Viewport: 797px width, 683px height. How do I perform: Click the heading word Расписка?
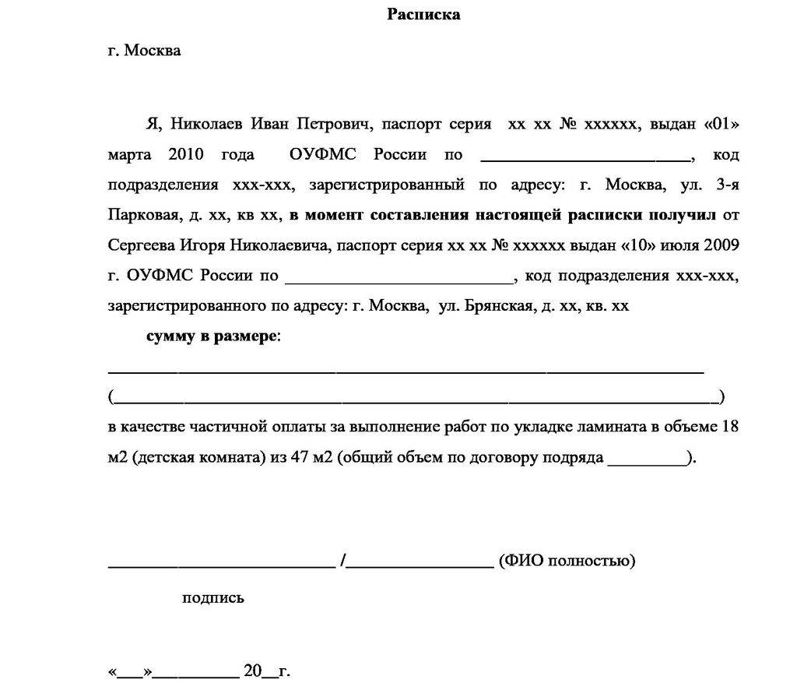423,15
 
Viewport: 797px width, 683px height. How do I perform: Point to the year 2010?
185,154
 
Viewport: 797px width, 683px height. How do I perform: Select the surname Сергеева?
142,245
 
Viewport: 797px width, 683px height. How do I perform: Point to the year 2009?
721,245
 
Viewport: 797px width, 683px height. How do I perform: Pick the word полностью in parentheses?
594,561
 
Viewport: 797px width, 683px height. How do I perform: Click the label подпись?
212,598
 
